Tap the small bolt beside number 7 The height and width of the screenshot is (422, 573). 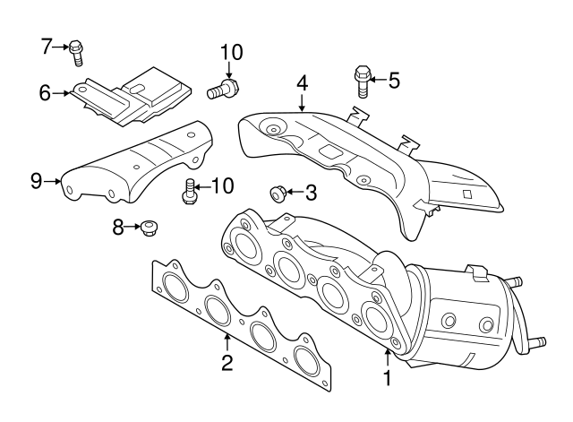pos(77,52)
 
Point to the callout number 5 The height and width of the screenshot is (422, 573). pos(393,81)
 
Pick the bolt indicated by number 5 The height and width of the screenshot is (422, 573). pos(363,80)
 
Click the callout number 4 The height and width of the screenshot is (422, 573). pos(303,82)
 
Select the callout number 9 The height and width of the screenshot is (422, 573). pos(36,181)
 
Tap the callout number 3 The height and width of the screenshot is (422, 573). pos(311,191)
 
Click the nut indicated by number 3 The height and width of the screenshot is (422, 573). pos(278,192)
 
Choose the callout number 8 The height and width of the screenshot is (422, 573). pos(118,228)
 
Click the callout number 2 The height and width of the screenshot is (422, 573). pos(227,362)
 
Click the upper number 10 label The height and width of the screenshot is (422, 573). pos(231,52)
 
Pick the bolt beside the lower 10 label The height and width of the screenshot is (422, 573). pos(189,191)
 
